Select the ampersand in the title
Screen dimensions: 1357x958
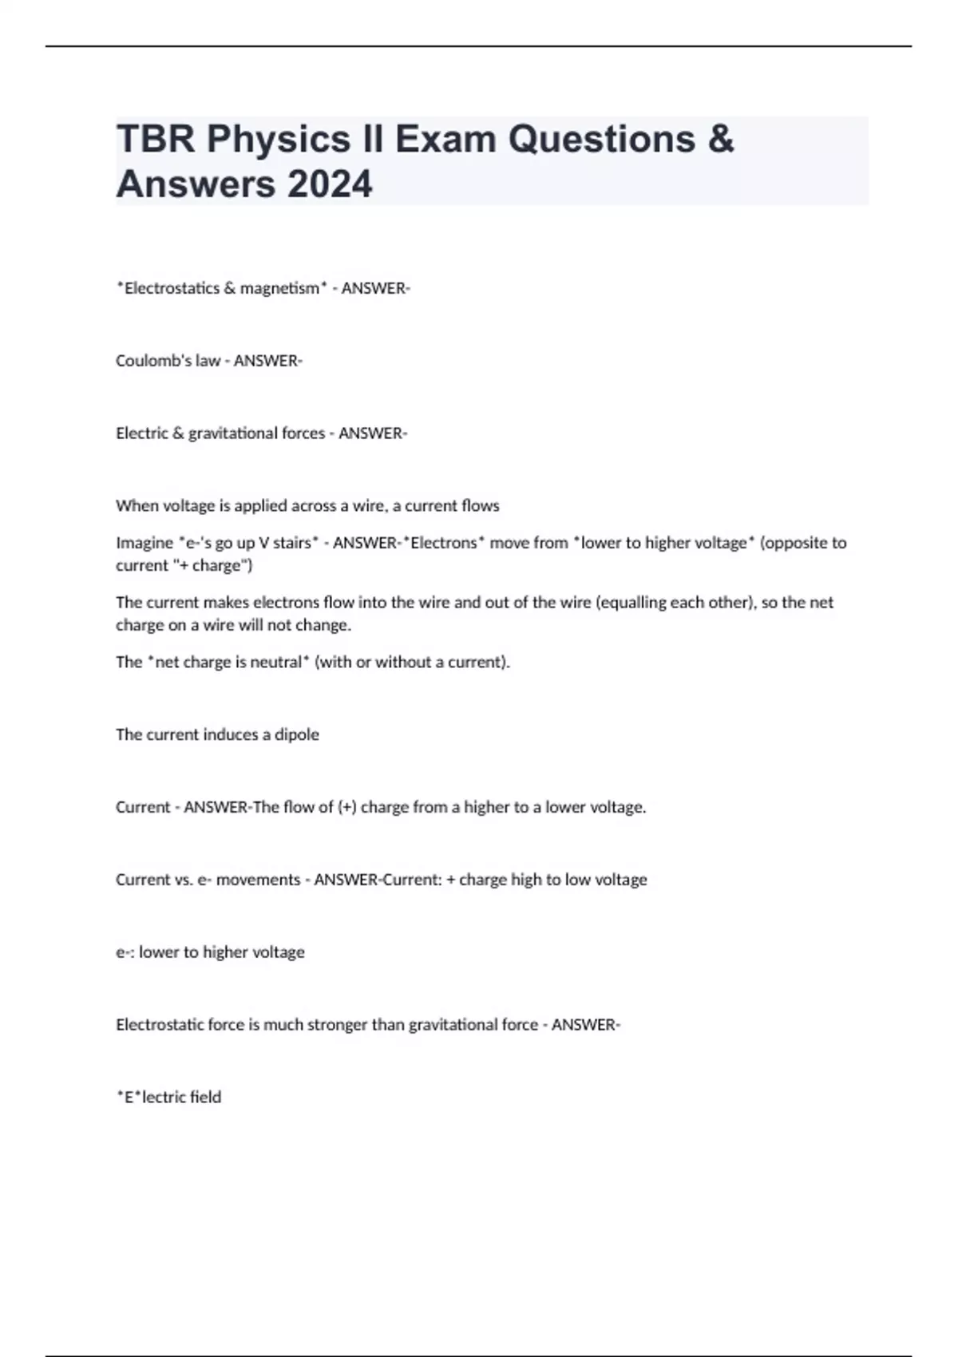(x=720, y=139)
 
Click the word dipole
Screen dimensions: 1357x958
(x=297, y=734)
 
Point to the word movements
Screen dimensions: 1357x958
(x=258, y=880)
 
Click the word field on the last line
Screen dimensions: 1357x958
(x=206, y=1097)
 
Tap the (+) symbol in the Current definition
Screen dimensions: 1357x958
(x=346, y=807)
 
